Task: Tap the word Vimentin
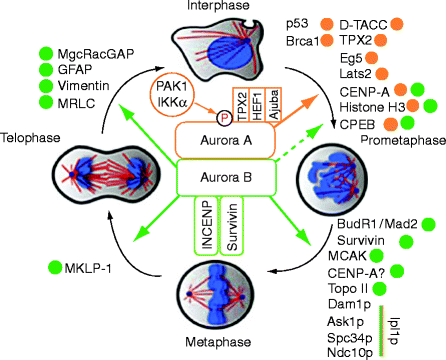coord(85,87)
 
